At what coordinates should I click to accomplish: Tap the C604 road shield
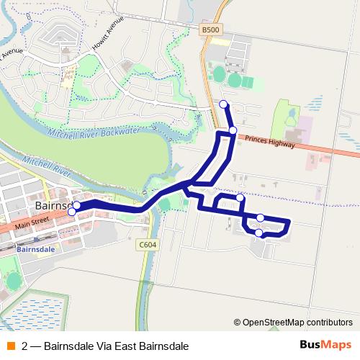point(147,245)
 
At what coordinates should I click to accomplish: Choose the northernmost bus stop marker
point(223,104)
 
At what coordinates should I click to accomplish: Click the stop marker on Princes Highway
point(233,130)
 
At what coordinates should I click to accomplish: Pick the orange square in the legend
point(10,346)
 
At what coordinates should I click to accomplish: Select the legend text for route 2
point(105,346)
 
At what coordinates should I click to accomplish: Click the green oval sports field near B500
point(218,73)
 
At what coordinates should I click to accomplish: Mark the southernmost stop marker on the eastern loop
point(259,233)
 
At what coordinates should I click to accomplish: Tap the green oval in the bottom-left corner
point(13,283)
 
